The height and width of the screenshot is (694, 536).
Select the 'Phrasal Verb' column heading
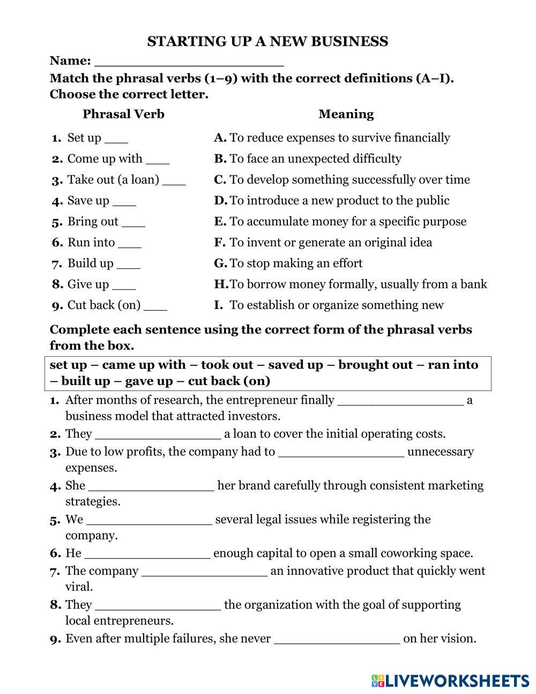(123, 114)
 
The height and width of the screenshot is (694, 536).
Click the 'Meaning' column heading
(346, 114)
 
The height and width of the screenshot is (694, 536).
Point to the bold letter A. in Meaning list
(220, 138)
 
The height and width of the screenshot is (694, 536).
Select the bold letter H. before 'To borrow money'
(221, 284)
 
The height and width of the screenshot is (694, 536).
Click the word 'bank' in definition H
(473, 284)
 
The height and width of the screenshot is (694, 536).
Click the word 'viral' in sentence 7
(78, 587)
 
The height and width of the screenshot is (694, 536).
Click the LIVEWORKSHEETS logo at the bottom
(450, 681)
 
